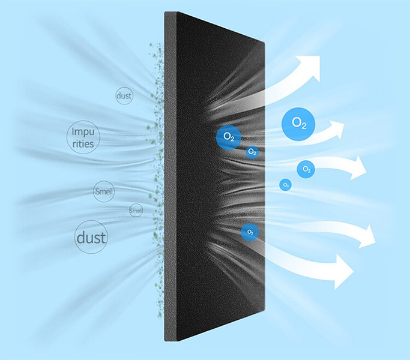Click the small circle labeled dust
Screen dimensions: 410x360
(124, 95)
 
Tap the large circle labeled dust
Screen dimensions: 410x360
(91, 237)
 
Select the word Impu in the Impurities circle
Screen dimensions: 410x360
(83, 132)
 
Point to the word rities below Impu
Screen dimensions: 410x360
(83, 144)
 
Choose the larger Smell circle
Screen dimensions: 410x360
(104, 191)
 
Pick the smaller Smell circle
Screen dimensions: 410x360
(136, 210)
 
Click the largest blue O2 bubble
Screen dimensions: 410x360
(298, 124)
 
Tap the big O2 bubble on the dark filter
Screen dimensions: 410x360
(229, 137)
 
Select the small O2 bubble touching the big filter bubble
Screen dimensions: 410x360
(252, 152)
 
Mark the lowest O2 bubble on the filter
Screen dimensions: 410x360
(250, 232)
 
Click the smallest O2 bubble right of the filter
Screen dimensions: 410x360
(285, 185)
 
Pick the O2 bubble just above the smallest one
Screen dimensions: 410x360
(306, 169)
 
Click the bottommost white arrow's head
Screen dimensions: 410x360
(342, 271)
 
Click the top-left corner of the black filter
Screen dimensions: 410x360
(164, 12)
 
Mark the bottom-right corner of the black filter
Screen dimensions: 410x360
(265, 310)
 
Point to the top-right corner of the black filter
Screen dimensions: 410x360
(264, 43)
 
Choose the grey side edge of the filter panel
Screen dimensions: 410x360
(170, 176)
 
